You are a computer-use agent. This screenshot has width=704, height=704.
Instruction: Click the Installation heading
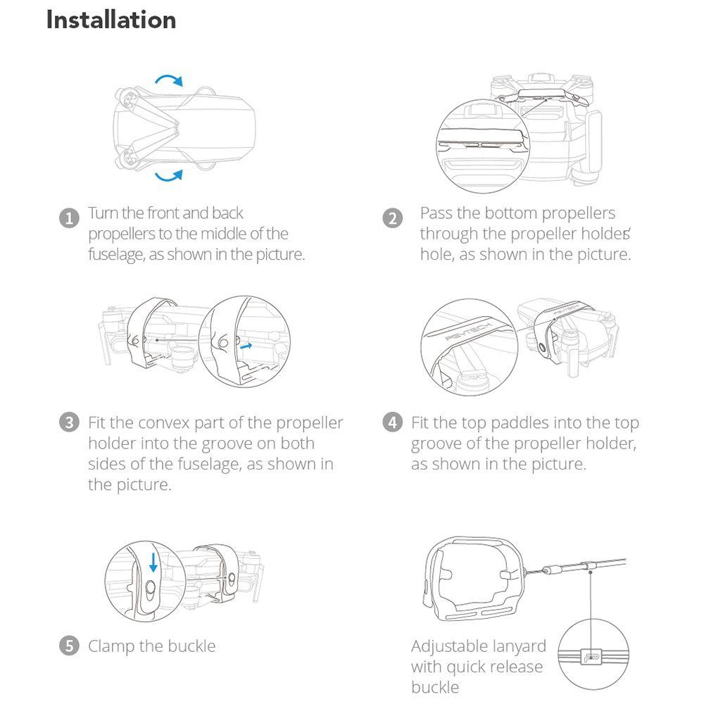click(111, 20)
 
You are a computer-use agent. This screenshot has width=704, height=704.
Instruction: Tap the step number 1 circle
click(69, 218)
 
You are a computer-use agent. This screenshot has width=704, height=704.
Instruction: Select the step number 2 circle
click(392, 218)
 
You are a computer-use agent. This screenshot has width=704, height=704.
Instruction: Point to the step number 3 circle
click(69, 422)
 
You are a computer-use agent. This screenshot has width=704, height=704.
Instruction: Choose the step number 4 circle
click(392, 422)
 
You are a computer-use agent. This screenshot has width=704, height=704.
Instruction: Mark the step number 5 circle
click(69, 646)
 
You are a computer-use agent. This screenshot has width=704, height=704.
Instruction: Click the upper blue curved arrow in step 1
click(170, 77)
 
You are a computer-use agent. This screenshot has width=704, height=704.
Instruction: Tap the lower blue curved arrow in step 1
click(170, 177)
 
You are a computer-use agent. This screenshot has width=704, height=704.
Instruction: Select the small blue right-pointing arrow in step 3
click(246, 346)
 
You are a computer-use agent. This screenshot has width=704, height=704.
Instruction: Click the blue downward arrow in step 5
click(153, 562)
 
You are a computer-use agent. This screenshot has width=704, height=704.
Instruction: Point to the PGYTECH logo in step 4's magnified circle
click(469, 331)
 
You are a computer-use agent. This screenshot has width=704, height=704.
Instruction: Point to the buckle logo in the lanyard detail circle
click(591, 656)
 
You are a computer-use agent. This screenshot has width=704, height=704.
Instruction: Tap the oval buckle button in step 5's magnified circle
click(151, 588)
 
